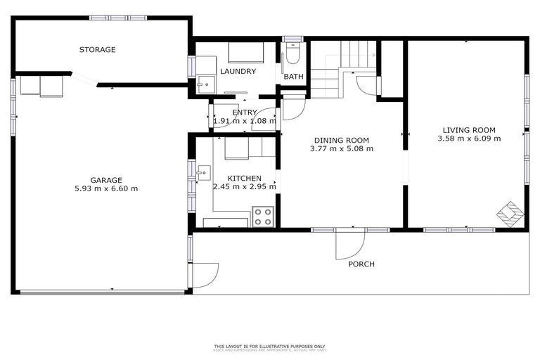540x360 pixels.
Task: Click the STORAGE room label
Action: tap(97, 50)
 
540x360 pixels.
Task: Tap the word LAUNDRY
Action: tap(238, 72)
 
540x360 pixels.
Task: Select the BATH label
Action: tap(292, 77)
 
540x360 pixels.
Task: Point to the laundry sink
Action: tap(206, 84)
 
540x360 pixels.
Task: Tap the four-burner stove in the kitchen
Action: tap(262, 216)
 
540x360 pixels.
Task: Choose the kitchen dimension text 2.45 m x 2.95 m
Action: tap(245, 188)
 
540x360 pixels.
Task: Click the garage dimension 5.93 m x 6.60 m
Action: tap(105, 188)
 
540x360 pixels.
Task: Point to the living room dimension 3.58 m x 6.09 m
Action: tap(469, 139)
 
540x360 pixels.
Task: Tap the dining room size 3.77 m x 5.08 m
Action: tap(341, 148)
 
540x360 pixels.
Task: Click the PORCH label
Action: tap(361, 264)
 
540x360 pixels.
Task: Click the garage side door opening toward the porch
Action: tap(205, 275)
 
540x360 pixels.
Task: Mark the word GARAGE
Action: tap(105, 179)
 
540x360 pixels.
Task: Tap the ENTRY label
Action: tap(245, 112)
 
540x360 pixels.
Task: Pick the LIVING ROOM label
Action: tap(469, 129)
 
